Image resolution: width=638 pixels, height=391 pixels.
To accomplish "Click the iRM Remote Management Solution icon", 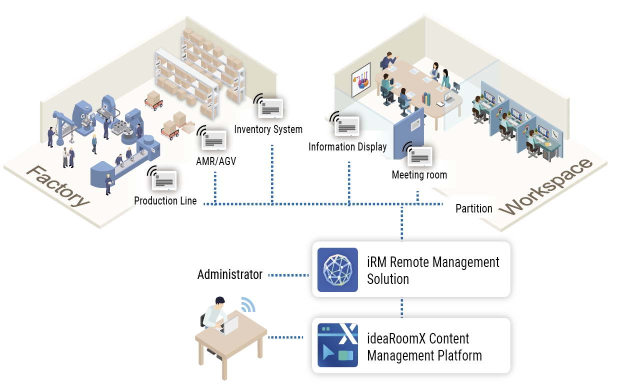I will [337, 269].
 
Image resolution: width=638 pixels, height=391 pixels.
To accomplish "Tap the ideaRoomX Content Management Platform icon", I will [337, 345].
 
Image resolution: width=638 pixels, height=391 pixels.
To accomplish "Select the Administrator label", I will [229, 274].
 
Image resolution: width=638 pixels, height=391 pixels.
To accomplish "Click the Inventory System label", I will [268, 129].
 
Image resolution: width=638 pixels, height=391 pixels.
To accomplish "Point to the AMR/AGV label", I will [216, 161].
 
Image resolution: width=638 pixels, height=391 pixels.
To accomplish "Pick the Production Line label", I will [165, 201].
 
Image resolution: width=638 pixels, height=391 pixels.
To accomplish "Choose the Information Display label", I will [347, 147].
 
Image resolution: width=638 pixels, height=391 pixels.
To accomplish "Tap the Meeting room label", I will [419, 175].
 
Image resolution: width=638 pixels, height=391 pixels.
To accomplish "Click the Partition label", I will [473, 208].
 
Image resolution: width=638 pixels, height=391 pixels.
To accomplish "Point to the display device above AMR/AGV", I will [214, 140].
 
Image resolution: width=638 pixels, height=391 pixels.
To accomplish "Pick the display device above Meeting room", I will [419, 156].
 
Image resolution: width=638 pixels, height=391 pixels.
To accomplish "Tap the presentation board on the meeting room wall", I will [360, 79].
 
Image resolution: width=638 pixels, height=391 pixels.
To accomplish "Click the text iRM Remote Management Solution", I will [433, 270].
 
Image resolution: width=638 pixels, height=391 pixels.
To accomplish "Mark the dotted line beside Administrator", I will [288, 275].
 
